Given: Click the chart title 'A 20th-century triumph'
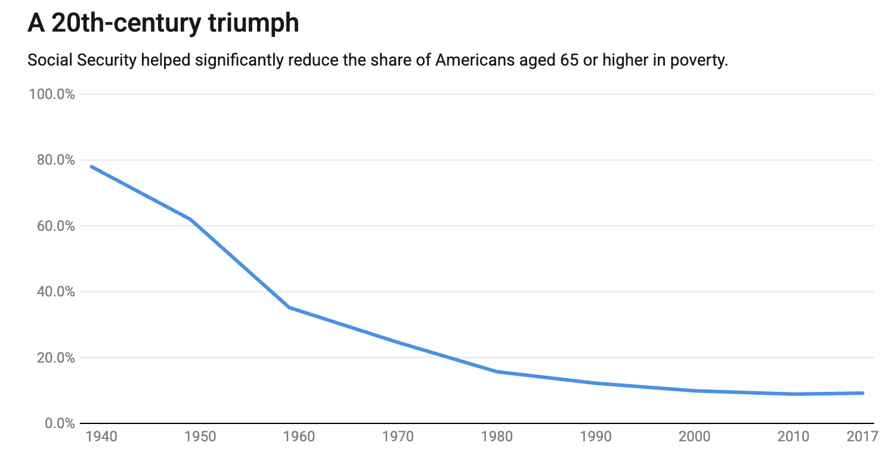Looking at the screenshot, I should [163, 23].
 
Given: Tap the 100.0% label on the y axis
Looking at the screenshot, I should [52, 94].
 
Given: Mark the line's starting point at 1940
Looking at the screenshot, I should [91, 166].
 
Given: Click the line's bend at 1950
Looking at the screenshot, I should [190, 219].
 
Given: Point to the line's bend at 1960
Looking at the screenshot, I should [289, 307].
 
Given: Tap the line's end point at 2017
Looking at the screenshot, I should [862, 393].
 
